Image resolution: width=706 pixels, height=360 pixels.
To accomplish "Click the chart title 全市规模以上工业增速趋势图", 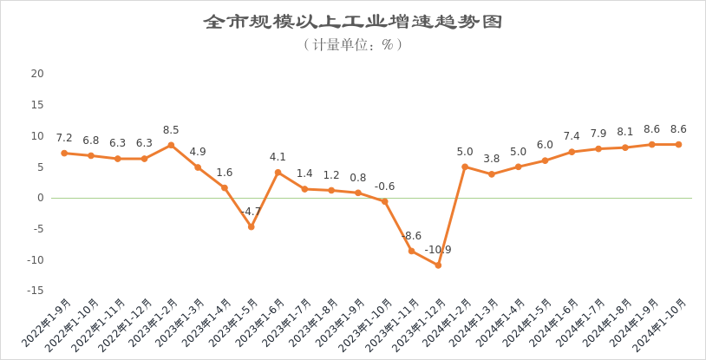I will (353, 21).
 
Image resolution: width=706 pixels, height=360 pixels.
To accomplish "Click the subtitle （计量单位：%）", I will (353, 43).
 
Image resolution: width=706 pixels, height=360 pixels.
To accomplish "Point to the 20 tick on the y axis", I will (37, 74).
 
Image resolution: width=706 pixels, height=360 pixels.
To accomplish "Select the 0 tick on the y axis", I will (40, 198).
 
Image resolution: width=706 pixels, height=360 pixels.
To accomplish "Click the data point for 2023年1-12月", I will (438, 265).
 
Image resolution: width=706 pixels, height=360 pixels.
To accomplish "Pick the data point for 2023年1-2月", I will (171, 145).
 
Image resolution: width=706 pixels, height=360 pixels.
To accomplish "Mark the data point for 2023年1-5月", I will (251, 226).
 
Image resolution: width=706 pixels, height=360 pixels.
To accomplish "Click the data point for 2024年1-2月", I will (465, 167).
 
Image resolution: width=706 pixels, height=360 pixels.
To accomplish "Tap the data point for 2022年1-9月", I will (64, 153).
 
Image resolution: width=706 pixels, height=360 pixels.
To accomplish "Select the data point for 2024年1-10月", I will (678, 144).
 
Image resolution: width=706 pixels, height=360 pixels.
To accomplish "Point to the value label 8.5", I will (171, 130).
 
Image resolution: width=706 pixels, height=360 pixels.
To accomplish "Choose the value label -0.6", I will (384, 187).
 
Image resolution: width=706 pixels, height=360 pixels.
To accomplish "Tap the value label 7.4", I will (572, 136).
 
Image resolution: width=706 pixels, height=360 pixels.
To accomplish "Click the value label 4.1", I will (278, 157).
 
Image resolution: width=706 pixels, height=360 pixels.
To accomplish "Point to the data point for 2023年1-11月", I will (411, 251).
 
